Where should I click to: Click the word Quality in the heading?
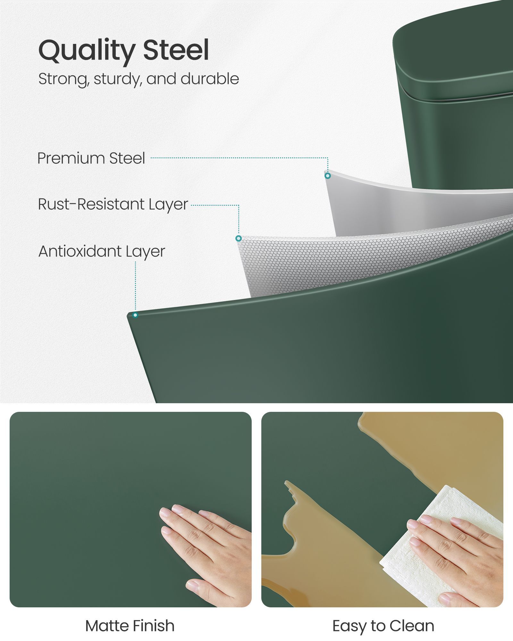coord(87,51)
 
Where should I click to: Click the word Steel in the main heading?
coord(176,49)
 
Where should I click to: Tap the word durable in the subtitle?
coord(210,79)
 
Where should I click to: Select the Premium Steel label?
coord(91,158)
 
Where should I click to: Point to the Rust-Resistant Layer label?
coord(113,204)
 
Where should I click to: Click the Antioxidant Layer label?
coord(102,251)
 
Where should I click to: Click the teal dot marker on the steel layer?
coord(327,176)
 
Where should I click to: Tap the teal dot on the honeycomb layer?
coord(238,238)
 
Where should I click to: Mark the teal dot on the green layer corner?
coord(135,315)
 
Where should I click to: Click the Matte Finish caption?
coord(130,626)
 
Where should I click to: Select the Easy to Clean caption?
coord(383,626)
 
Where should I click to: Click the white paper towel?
coord(426,542)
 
